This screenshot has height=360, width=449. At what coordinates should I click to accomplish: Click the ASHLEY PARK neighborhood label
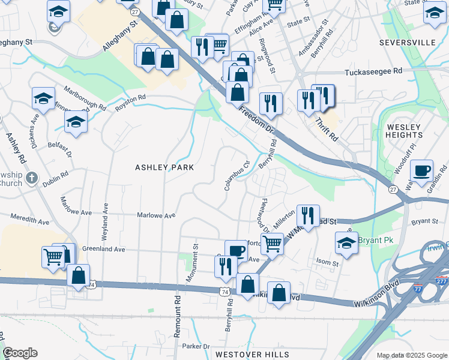click(164, 167)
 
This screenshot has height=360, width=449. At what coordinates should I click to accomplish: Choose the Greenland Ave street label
click(103, 249)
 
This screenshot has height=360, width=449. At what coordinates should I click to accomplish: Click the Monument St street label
click(195, 255)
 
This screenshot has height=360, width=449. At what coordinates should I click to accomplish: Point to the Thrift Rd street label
click(328, 128)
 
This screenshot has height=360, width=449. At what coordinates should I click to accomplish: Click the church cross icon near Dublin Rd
click(32, 178)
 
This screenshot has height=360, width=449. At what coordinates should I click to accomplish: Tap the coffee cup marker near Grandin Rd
click(422, 170)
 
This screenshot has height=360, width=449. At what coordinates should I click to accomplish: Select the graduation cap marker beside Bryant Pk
click(346, 242)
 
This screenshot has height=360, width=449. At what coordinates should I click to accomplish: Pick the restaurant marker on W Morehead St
click(308, 215)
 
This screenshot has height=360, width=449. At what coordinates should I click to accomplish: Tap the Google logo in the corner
click(20, 353)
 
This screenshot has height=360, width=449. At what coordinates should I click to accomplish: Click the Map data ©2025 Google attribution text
click(411, 355)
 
